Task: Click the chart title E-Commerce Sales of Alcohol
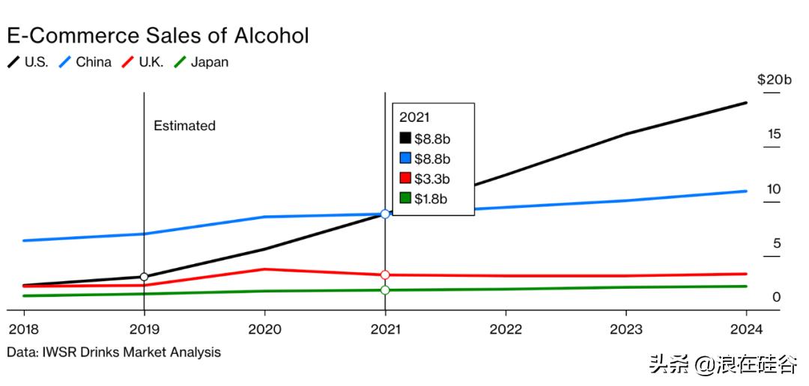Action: [158, 35]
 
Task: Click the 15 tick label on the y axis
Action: [774, 135]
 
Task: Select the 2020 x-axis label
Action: [264, 329]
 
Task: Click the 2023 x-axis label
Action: [626, 329]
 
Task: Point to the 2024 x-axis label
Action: [747, 329]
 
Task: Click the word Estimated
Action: [184, 126]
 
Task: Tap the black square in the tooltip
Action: [405, 138]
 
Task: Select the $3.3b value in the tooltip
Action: [432, 179]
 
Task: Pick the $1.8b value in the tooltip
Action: [432, 199]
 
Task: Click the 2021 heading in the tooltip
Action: [414, 117]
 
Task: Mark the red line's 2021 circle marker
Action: [385, 275]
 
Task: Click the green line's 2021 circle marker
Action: [385, 290]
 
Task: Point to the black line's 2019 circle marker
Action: [144, 278]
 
